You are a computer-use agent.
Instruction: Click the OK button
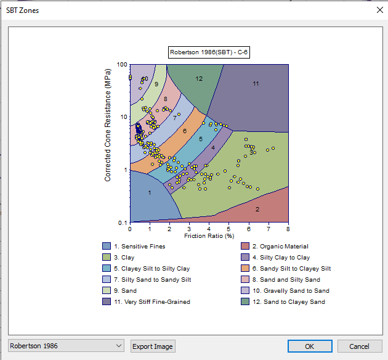[310, 346]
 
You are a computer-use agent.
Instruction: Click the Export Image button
[153, 346]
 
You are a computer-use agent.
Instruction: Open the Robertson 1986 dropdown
[67, 346]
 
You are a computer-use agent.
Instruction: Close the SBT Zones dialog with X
[379, 10]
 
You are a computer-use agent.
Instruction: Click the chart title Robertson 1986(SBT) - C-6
[209, 52]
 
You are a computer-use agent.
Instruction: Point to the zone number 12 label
[199, 79]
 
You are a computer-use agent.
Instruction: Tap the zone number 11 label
[256, 83]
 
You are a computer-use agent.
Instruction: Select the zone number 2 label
[257, 210]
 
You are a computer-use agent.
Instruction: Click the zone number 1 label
[150, 193]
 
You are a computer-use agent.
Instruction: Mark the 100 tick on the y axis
[122, 65]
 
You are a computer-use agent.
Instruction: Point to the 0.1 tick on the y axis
[123, 223]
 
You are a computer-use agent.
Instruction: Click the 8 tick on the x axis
[288, 229]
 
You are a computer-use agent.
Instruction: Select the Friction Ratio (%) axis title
[209, 235]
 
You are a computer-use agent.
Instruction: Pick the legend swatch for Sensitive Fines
[107, 247]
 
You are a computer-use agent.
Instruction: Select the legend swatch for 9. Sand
[107, 290]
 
